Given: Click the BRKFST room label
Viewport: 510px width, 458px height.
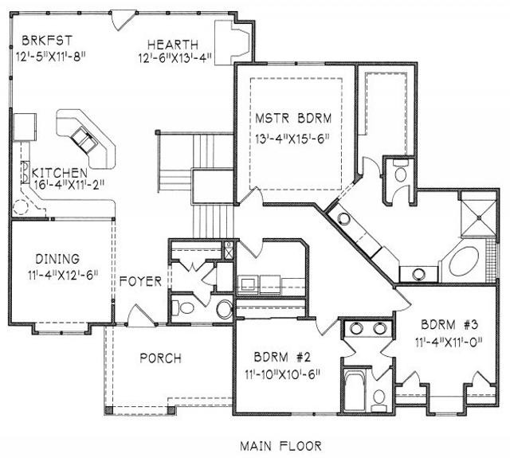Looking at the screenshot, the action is [47, 41].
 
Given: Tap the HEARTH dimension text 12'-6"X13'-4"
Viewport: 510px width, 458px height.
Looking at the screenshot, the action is [175, 58].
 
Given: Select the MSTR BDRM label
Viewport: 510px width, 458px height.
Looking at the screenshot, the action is [293, 118].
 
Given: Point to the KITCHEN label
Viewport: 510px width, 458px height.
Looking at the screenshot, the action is [60, 172].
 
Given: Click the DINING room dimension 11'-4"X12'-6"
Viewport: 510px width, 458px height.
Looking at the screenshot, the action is [63, 275].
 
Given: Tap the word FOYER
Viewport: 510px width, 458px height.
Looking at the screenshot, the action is [140, 281].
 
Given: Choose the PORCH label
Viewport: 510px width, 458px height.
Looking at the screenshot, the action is [161, 358].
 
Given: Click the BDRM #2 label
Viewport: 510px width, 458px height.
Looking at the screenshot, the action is [282, 357].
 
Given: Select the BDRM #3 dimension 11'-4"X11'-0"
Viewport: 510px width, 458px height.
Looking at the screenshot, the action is [449, 342].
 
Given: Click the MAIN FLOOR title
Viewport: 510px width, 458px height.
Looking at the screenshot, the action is [281, 445].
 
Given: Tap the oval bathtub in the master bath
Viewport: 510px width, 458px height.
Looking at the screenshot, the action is [464, 262].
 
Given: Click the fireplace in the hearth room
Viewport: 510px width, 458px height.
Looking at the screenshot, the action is [233, 42].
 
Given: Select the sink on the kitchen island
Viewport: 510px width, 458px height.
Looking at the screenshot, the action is [84, 139].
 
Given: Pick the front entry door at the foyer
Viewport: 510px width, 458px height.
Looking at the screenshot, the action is [140, 315].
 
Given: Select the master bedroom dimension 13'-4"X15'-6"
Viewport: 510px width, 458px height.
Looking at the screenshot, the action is [292, 139].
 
